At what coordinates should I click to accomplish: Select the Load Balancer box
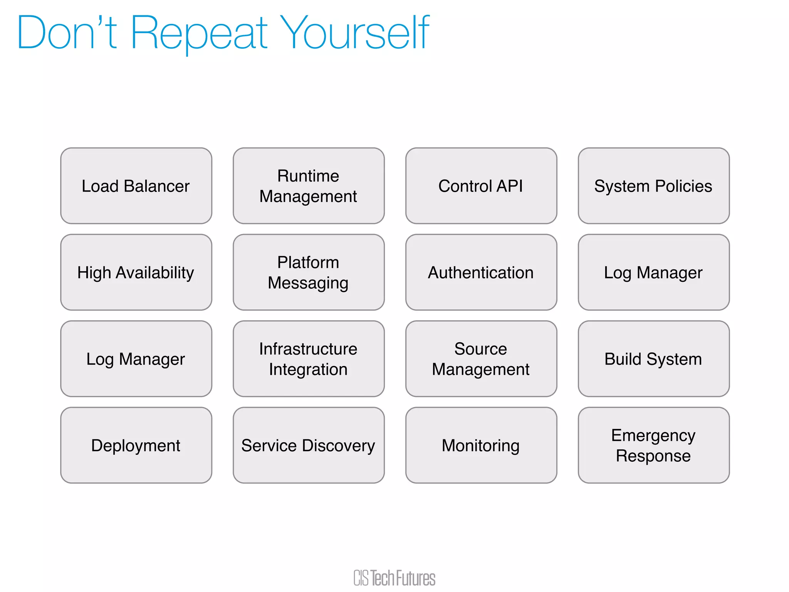point(136,186)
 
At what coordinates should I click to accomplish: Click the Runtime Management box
point(309,186)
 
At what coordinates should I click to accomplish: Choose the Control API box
point(481,186)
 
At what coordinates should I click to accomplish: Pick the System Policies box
point(653,186)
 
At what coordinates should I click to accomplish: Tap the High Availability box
point(136,272)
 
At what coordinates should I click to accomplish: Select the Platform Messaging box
point(309,272)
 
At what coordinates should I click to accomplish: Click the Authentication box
point(481,272)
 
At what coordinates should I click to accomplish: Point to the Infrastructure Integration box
point(309,359)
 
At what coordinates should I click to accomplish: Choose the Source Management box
point(481,359)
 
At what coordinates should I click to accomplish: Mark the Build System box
point(653,359)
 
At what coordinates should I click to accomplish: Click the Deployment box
point(136,445)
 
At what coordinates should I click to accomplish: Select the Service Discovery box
point(309,445)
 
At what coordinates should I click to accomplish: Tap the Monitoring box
point(481,445)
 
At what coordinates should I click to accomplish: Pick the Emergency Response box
point(653,445)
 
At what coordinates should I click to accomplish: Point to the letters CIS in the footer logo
point(361,579)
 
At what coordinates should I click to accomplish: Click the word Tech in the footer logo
point(383,579)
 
